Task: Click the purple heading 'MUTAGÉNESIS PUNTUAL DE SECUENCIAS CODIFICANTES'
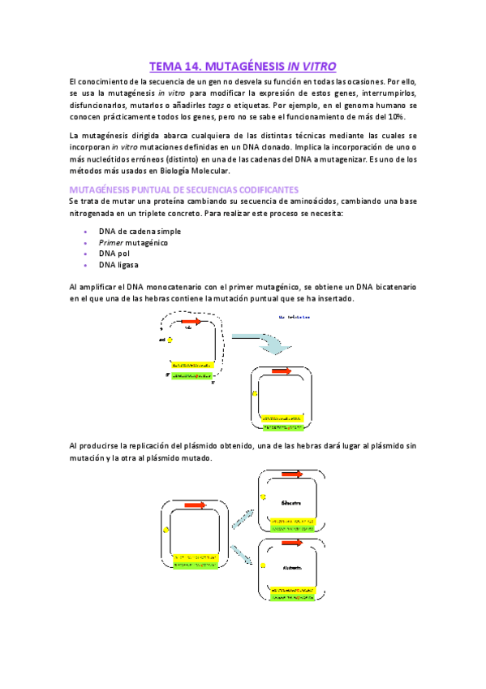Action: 183,188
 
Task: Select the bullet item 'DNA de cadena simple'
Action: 140,231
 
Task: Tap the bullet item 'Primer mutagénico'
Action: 133,242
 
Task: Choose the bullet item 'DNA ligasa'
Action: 118,265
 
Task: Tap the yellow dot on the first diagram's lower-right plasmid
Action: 256,392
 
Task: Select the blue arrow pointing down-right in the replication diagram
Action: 242,554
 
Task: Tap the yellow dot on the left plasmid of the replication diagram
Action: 166,529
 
